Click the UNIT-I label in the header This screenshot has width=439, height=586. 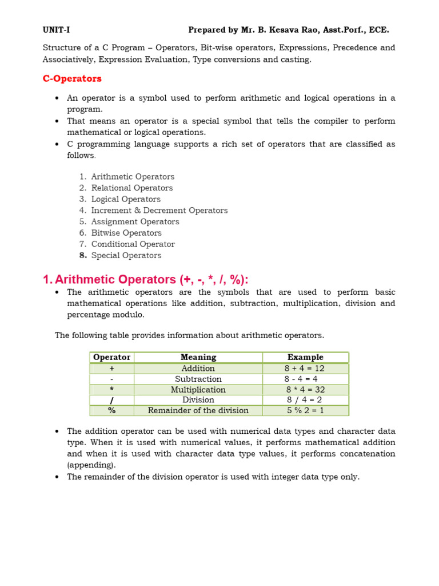click(x=56, y=30)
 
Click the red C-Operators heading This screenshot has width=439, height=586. click(x=72, y=78)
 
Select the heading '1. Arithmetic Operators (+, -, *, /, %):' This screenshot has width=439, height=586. click(x=146, y=279)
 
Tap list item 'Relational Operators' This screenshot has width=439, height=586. click(x=131, y=188)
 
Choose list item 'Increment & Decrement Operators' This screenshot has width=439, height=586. click(x=159, y=211)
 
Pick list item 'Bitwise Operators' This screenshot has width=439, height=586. click(x=126, y=233)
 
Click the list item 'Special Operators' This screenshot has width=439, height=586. click(x=126, y=255)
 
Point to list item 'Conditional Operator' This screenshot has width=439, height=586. click(x=133, y=244)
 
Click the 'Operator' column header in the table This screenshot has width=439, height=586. click(x=112, y=357)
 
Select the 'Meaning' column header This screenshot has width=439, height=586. click(x=198, y=357)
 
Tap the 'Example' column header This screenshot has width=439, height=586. click(x=305, y=357)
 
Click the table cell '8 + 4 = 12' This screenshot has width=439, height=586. click(x=305, y=369)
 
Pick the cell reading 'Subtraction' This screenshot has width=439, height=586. click(x=198, y=379)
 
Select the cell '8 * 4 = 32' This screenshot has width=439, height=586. click(x=305, y=390)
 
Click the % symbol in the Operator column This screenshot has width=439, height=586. click(x=112, y=410)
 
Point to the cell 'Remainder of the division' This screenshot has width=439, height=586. click(x=198, y=410)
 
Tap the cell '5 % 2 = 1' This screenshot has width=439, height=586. click(x=305, y=410)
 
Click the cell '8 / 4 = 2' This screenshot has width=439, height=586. click(x=304, y=400)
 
